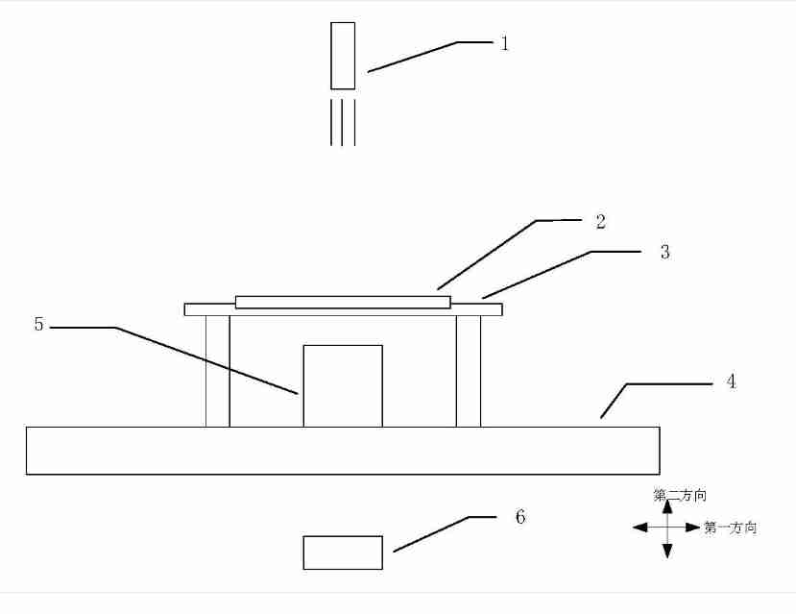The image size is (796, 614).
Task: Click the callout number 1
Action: point(504,43)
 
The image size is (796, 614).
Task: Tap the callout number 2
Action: point(600,221)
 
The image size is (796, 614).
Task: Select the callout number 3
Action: point(665,252)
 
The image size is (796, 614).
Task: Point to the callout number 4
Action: point(731,381)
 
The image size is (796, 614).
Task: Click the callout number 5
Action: point(39,324)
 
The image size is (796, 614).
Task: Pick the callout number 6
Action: point(520,517)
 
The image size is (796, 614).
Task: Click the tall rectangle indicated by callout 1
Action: point(343,56)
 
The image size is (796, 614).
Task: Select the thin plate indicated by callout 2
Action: point(343,302)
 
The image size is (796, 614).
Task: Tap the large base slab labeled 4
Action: point(343,451)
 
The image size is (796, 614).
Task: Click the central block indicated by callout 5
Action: point(343,386)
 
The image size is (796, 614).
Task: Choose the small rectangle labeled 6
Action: point(343,553)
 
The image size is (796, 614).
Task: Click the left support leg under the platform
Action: point(218,371)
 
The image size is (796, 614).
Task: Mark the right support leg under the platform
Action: point(469,371)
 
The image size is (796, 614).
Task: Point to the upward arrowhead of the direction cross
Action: point(667,506)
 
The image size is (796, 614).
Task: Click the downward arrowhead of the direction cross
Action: point(667,551)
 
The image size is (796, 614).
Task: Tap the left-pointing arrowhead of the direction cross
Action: point(640,528)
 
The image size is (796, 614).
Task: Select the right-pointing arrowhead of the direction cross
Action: point(693,528)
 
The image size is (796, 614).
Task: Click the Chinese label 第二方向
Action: point(680,495)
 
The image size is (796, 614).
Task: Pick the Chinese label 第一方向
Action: point(731,528)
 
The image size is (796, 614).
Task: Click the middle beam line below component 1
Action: point(342,122)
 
